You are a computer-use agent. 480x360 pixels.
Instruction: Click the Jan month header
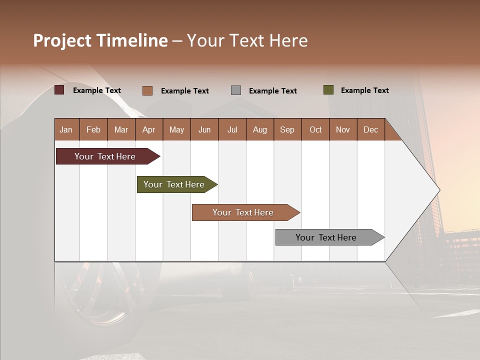[x=66, y=129]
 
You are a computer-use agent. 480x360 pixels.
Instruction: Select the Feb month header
[x=93, y=129]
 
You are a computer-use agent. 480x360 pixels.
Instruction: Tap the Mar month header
[x=121, y=129]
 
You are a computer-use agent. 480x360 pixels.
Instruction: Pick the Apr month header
[x=149, y=129]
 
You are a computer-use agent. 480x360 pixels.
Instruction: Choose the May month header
[x=176, y=129]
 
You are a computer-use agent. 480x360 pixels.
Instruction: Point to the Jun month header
[x=204, y=129]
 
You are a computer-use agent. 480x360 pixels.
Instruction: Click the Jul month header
[x=232, y=129]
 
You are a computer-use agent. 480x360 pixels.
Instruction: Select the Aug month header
[x=260, y=129]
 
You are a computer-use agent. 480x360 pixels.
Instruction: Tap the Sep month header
[x=287, y=129]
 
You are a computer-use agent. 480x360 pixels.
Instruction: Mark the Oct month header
[x=315, y=129]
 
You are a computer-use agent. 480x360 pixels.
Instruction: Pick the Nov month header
[x=343, y=129]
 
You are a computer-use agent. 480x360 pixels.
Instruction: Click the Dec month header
[x=371, y=129]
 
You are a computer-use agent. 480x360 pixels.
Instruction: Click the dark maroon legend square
[x=59, y=90]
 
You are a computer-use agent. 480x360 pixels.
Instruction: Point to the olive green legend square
[x=328, y=90]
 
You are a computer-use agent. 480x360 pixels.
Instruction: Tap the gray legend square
[x=236, y=90]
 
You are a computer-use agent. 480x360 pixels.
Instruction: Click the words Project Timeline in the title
[x=100, y=40]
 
